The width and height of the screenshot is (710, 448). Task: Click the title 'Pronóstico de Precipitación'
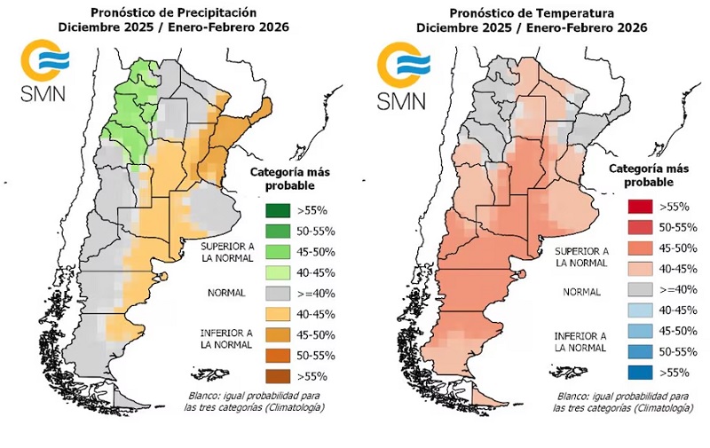click(x=174, y=12)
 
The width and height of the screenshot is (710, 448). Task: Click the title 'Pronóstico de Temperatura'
click(x=532, y=12)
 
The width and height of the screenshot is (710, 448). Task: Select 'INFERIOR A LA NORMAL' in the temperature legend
click(x=581, y=342)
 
